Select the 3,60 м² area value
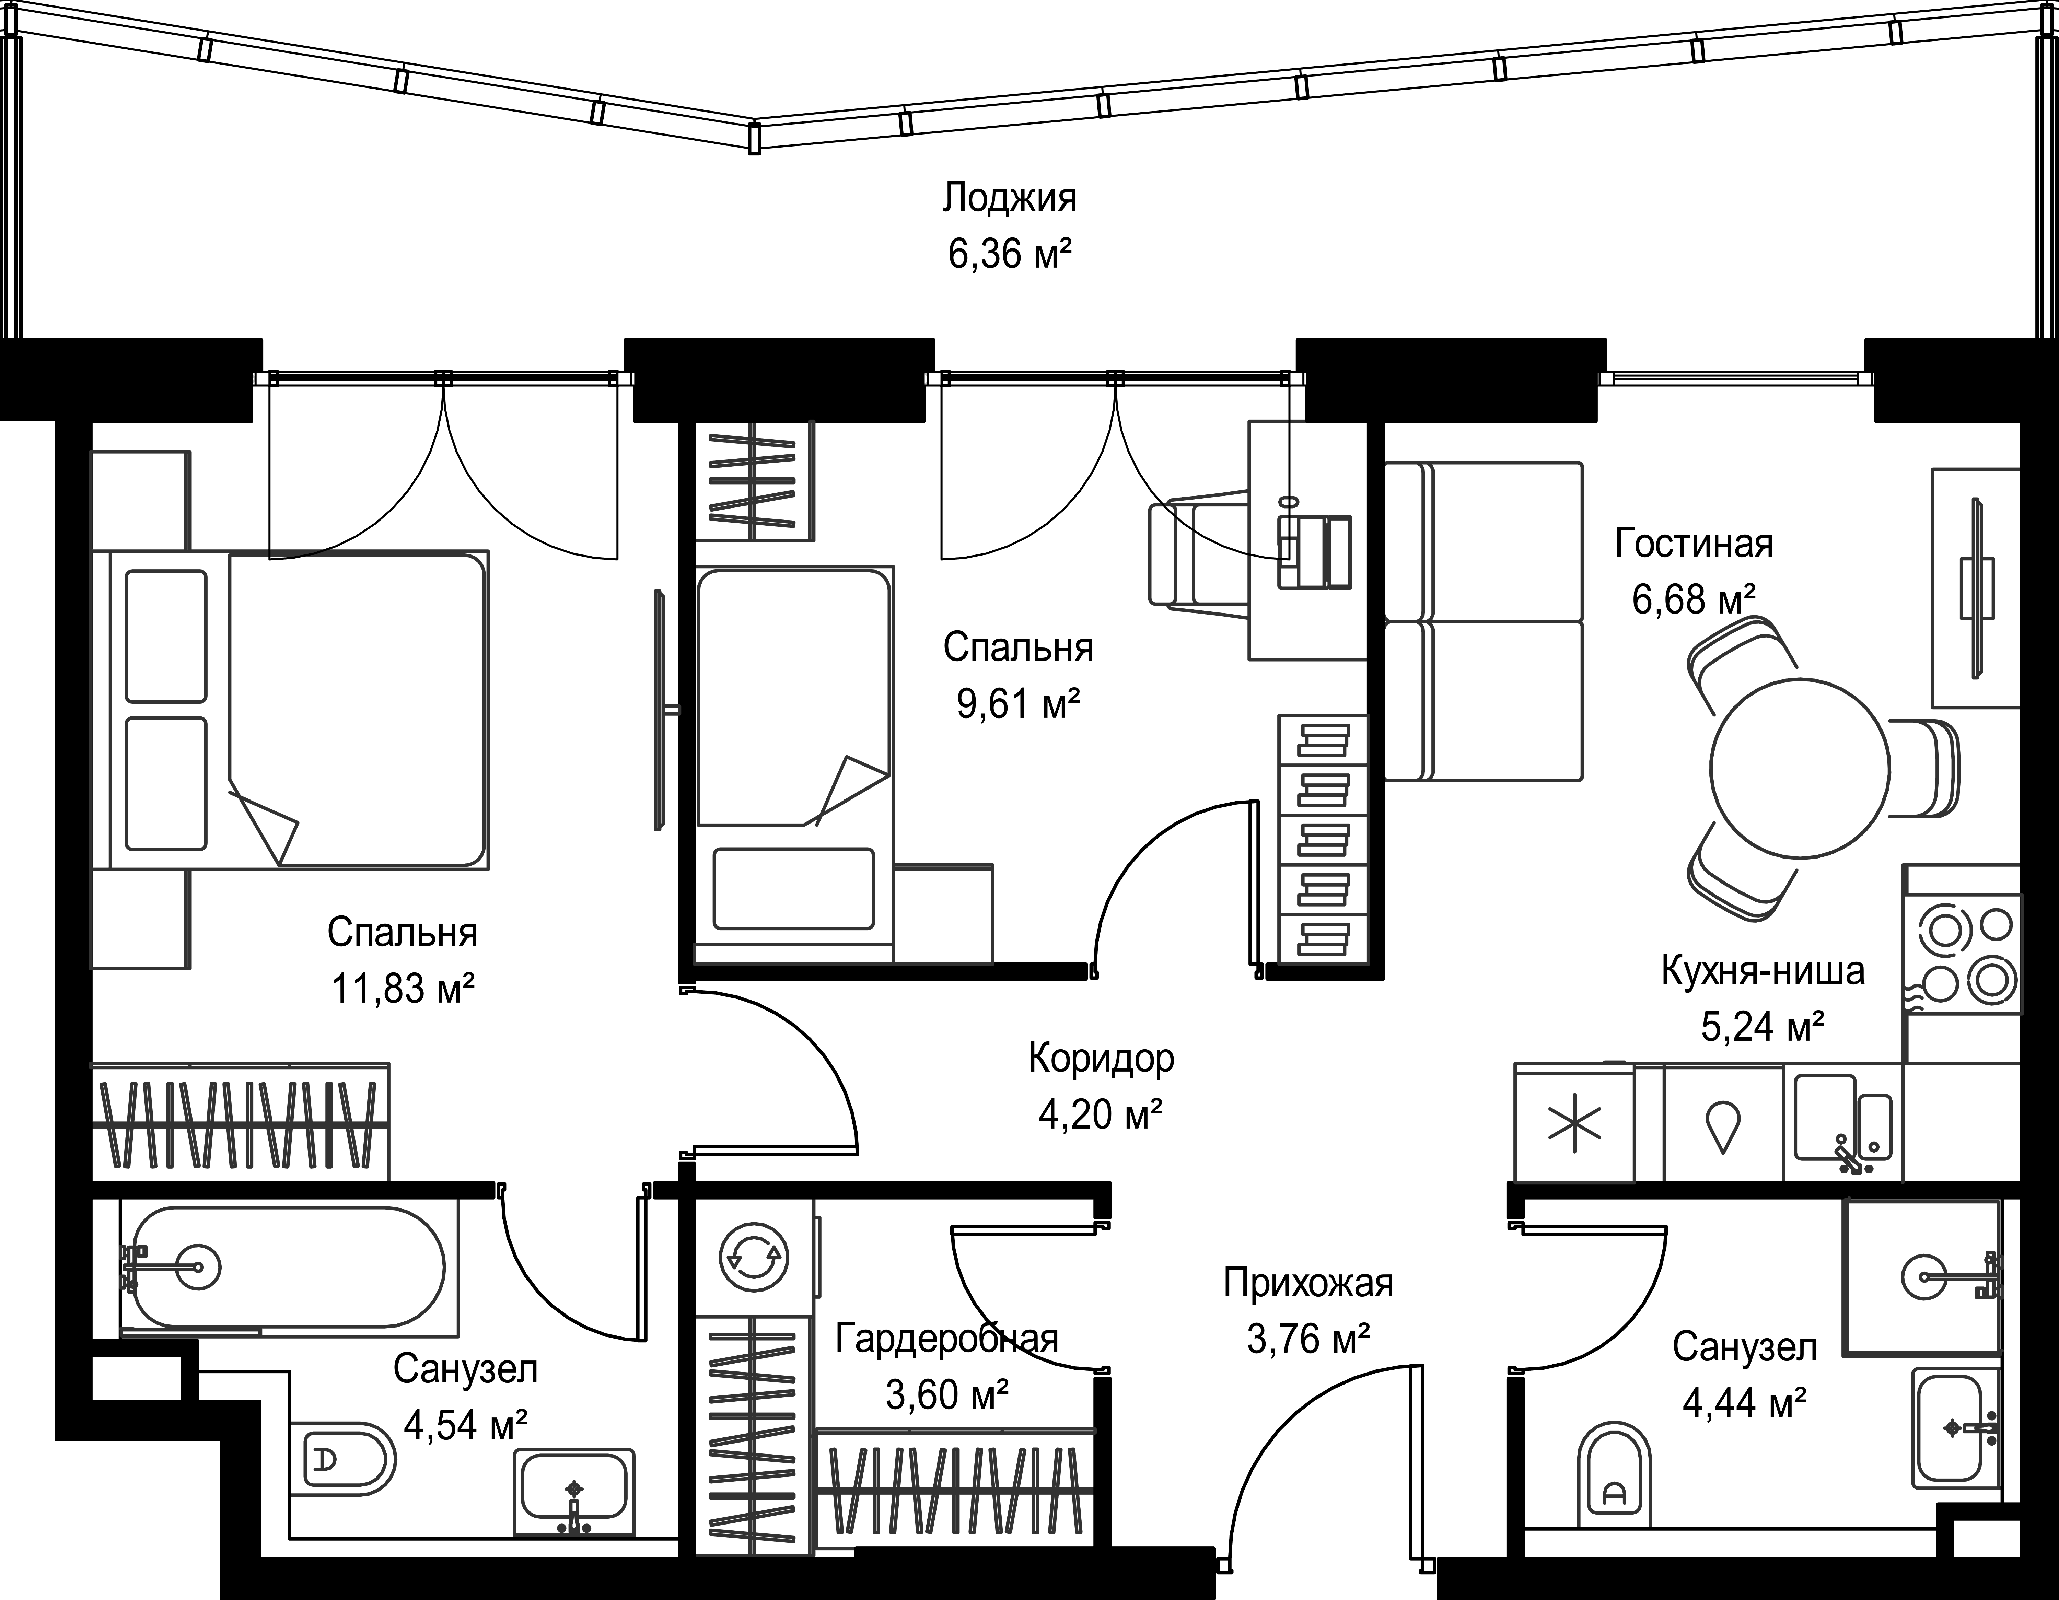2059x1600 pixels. click(947, 1394)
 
